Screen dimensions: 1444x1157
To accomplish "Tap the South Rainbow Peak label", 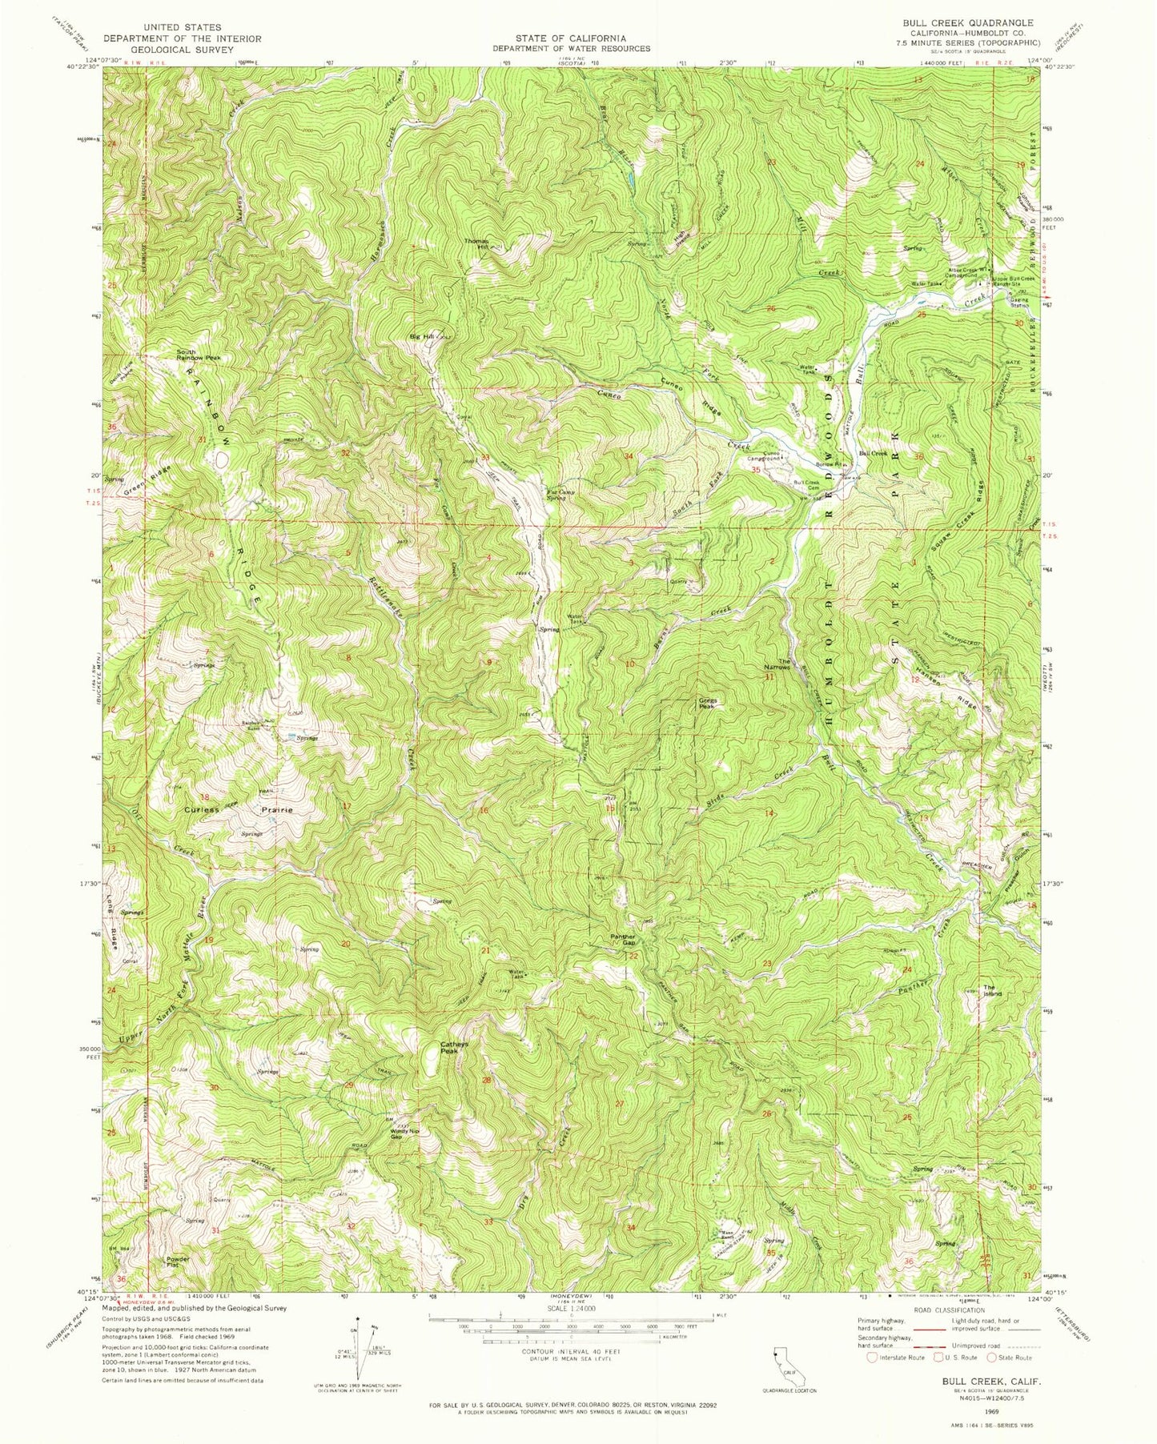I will pyautogui.click(x=199, y=355).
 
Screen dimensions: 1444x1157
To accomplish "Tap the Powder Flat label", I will pyautogui.click(x=178, y=1263).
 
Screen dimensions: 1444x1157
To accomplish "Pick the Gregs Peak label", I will pyautogui.click(x=706, y=704).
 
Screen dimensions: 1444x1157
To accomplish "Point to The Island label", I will pyautogui.click(x=992, y=990).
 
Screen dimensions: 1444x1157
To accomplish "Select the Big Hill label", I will pyautogui.click(x=421, y=337).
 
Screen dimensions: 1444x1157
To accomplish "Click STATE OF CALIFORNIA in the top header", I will pyautogui.click(x=582, y=38).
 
